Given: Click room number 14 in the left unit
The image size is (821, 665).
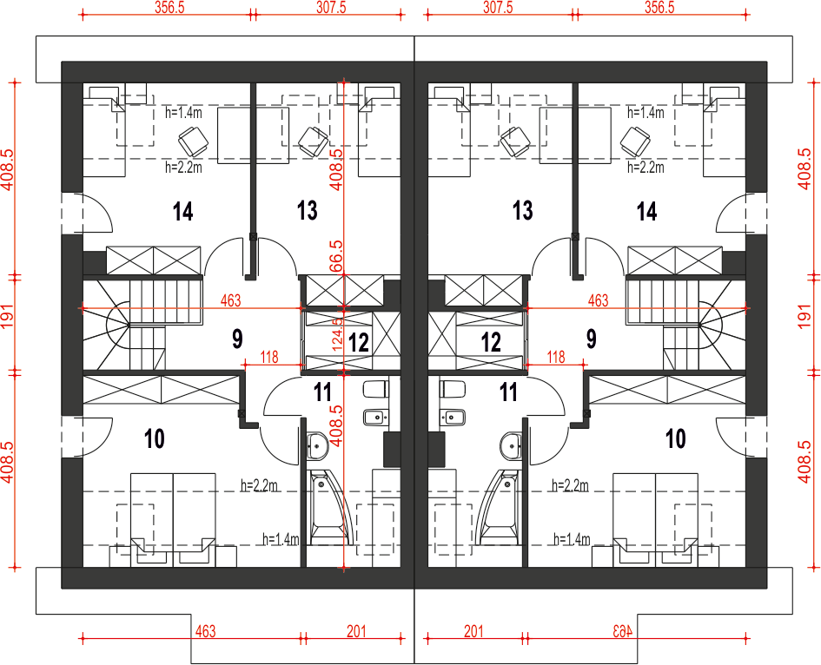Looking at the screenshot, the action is point(183,212).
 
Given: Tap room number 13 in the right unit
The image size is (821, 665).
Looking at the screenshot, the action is point(522,210).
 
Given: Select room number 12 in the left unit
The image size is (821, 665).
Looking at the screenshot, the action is point(359,343).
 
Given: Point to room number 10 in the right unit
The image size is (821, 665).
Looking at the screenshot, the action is point(675,438).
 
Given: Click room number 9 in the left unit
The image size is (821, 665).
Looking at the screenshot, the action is point(238,339).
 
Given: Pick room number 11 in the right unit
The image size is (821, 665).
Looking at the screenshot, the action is point(508,392).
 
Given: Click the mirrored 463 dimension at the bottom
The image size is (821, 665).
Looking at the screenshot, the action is point(623,631).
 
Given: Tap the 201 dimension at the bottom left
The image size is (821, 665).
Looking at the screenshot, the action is point(356,631).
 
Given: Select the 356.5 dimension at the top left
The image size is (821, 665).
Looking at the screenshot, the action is point(169,7).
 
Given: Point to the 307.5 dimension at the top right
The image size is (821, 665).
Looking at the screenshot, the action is point(498,7).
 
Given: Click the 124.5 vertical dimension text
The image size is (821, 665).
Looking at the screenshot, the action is point(337,334).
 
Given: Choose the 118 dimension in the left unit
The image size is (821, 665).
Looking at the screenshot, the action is point(269,357).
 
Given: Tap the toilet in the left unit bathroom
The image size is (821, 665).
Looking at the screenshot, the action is point(376,389).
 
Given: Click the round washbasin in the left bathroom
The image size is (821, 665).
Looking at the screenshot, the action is point(317,446).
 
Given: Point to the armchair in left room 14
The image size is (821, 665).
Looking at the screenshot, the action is point(193,142).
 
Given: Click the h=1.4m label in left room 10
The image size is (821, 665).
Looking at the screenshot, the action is point(281,539).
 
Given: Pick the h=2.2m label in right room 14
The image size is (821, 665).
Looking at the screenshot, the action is point(646,167).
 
